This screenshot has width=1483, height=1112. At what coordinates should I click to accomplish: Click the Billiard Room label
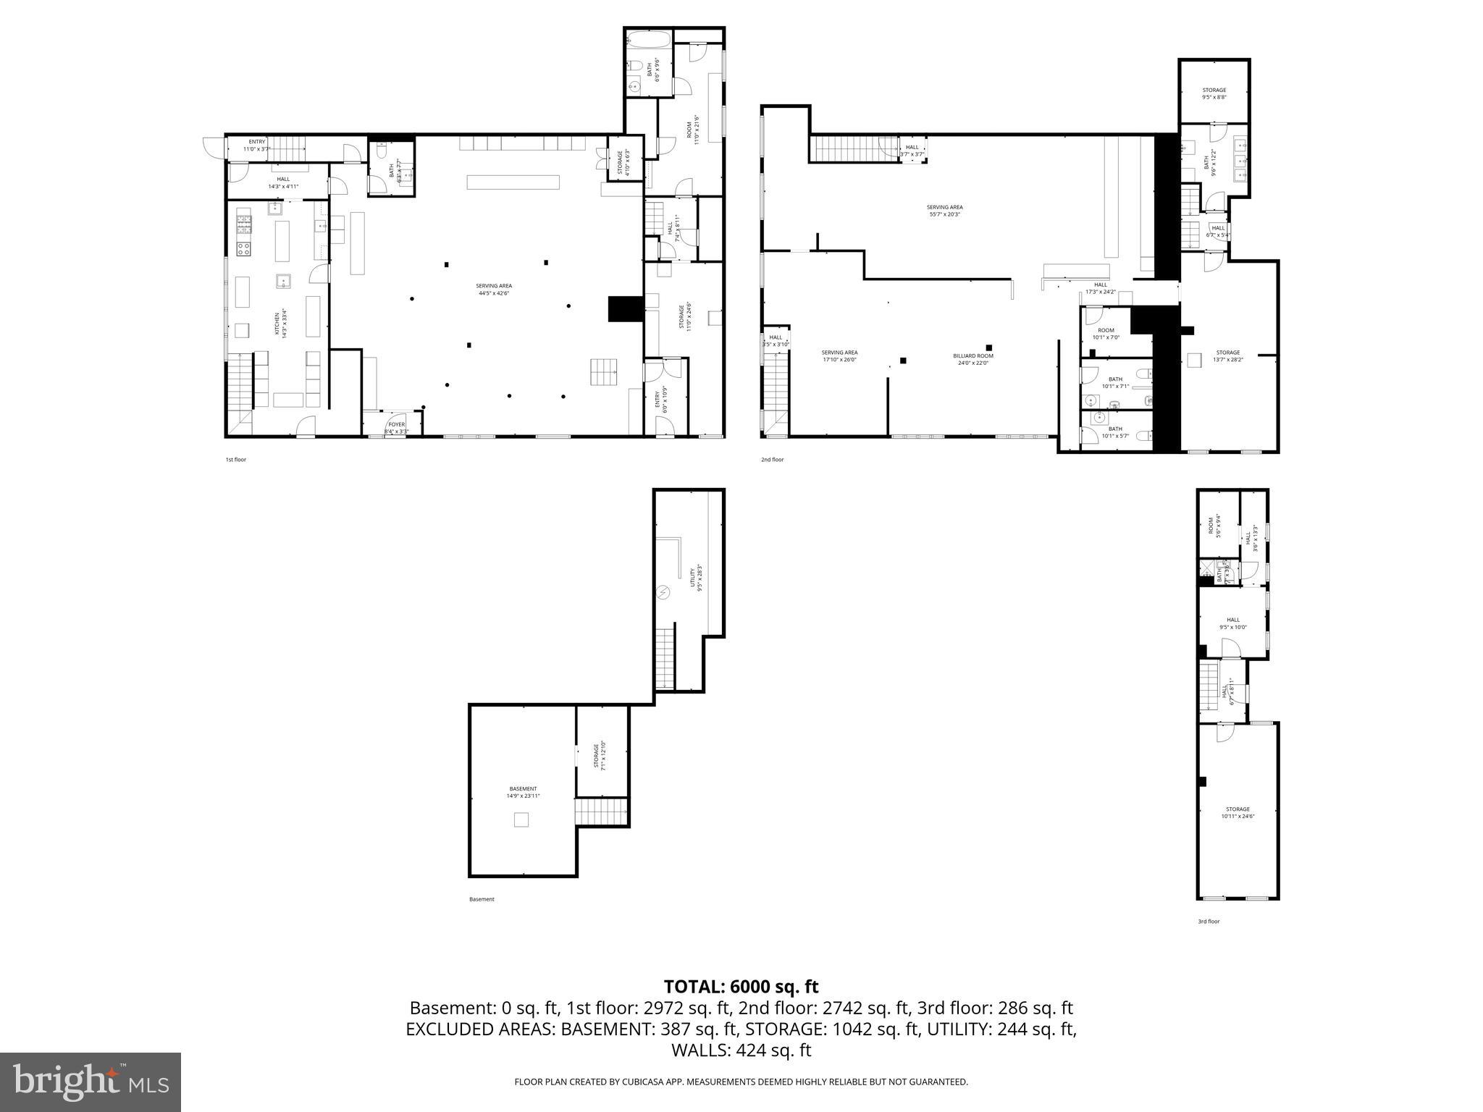(972, 359)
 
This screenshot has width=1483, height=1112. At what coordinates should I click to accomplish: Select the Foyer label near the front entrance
(397, 427)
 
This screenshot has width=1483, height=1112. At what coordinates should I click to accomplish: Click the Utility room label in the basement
(696, 578)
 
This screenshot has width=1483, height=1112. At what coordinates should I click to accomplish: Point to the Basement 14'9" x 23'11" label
(523, 792)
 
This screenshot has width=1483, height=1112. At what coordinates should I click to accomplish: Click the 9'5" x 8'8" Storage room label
(1214, 93)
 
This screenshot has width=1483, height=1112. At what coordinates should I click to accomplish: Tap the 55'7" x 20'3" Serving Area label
(944, 211)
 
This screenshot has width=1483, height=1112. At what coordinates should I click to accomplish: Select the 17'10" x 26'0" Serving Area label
(839, 356)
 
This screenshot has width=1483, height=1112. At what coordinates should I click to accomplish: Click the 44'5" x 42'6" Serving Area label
(494, 289)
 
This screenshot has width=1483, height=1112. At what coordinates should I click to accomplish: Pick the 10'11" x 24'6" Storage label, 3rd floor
(1238, 812)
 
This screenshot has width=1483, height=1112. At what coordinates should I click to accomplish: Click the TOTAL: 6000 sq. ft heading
(741, 987)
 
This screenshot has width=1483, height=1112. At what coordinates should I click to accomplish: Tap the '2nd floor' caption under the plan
(772, 460)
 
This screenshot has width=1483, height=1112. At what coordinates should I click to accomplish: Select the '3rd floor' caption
(1208, 922)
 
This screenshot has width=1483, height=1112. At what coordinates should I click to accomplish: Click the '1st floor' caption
(235, 460)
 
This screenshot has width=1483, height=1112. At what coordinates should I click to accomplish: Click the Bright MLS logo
(91, 1082)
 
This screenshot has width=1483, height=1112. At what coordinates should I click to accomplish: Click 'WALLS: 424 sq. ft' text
(741, 1050)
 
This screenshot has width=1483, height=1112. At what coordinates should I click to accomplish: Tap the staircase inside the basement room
(601, 812)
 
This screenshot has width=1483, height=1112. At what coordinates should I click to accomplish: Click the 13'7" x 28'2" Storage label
(1227, 355)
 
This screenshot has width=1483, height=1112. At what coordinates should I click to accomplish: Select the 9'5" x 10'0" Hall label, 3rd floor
(1232, 623)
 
